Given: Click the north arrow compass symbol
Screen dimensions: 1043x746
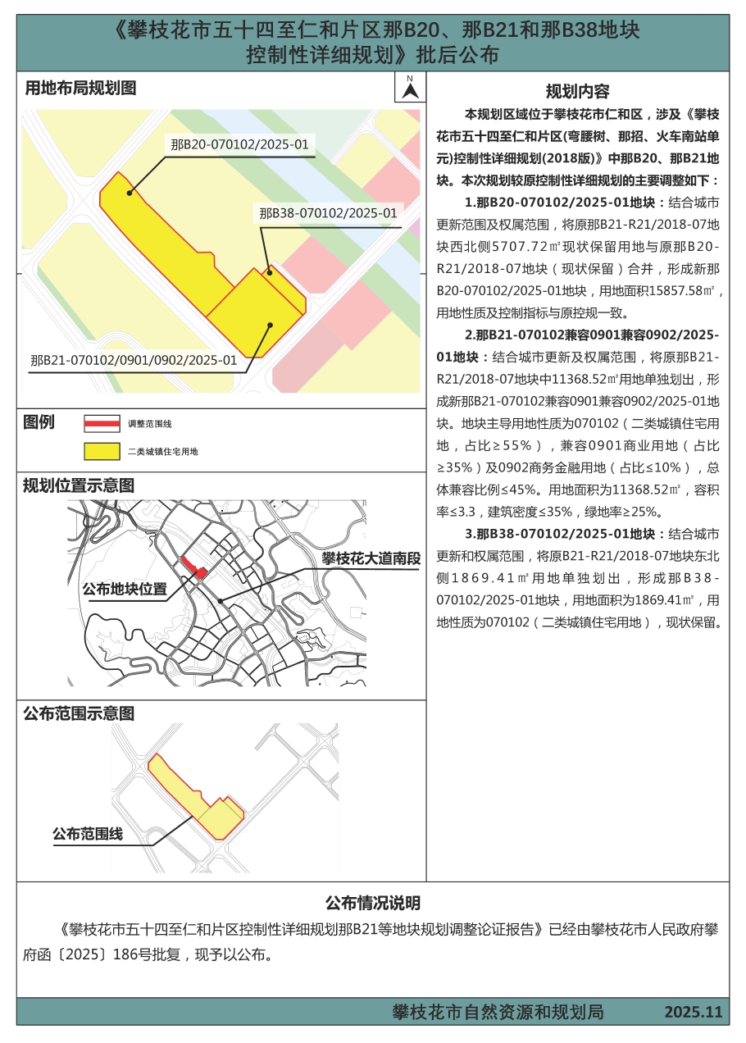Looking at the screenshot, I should pyautogui.click(x=410, y=87).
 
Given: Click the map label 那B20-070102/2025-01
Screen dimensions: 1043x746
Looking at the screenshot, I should pyautogui.click(x=239, y=145).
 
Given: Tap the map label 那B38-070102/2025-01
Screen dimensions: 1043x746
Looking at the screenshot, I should pyautogui.click(x=328, y=213).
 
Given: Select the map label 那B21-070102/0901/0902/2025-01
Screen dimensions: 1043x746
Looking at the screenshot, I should pyautogui.click(x=134, y=360).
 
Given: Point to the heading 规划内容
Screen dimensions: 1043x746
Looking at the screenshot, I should pyautogui.click(x=577, y=91).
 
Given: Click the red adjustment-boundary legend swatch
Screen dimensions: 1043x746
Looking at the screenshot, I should pyautogui.click(x=102, y=424).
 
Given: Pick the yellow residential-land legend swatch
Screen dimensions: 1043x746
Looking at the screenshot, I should pyautogui.click(x=102, y=451).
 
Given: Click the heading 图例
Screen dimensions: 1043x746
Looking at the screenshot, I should pyautogui.click(x=39, y=422).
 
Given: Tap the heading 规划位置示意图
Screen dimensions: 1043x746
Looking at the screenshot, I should pyautogui.click(x=79, y=485).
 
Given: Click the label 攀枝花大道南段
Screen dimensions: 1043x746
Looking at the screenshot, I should pyautogui.click(x=371, y=559).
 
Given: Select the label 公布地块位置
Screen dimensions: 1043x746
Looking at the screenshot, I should pyautogui.click(x=125, y=589).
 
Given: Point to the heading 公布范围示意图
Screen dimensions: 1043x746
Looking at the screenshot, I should pyautogui.click(x=79, y=713).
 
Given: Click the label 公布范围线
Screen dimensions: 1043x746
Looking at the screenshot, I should pyautogui.click(x=88, y=834).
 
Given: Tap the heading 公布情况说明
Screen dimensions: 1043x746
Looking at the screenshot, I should pyautogui.click(x=373, y=903).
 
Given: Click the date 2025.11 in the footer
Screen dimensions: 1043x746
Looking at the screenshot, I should pyautogui.click(x=694, y=1013).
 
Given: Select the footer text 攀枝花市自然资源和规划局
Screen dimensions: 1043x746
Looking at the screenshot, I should pyautogui.click(x=498, y=1013).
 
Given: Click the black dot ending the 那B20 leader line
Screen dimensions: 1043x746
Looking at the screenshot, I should pyautogui.click(x=129, y=194).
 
